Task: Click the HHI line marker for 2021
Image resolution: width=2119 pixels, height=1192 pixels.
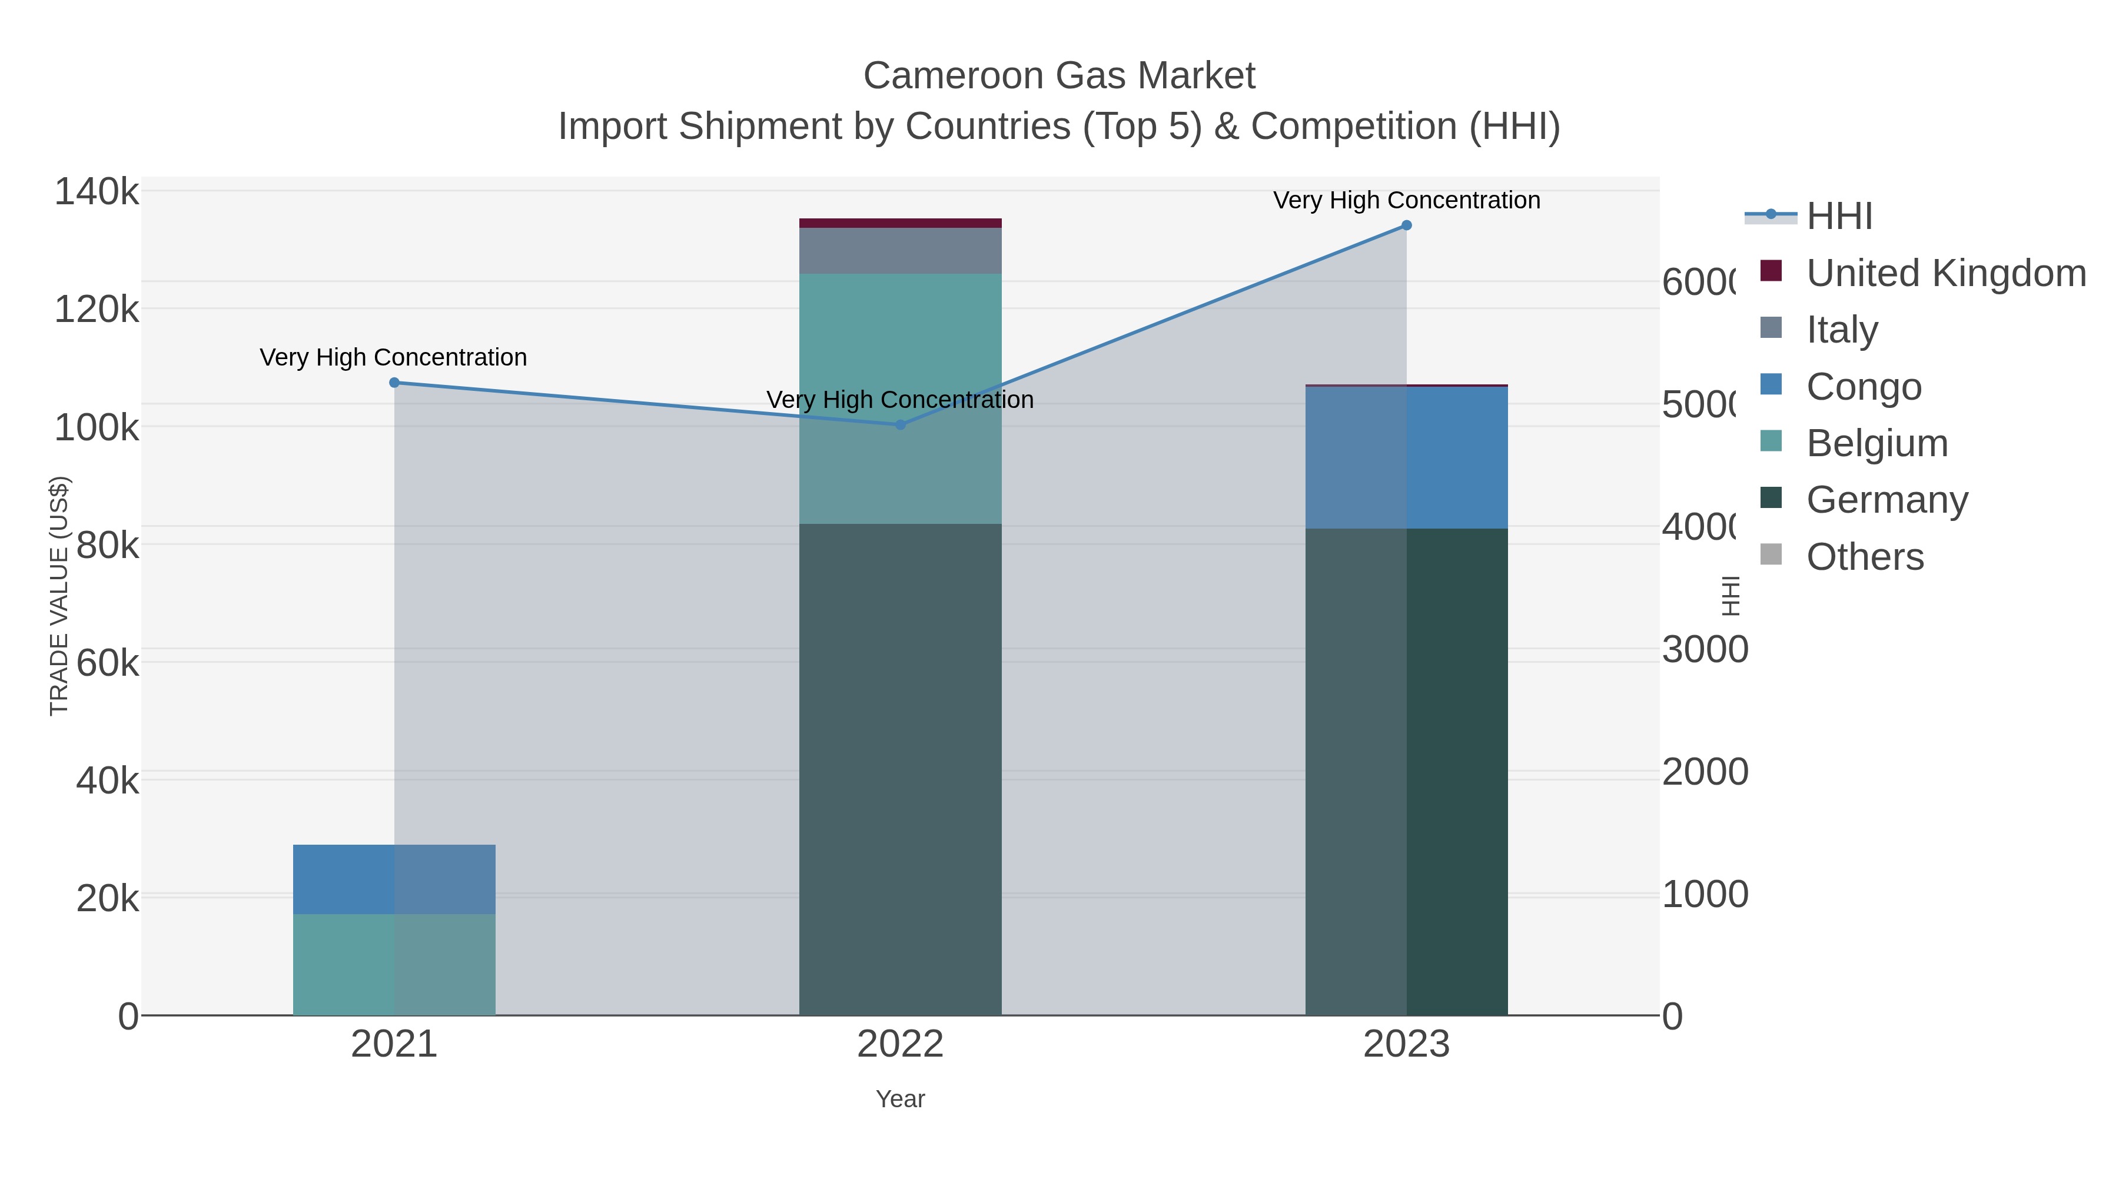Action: pos(394,383)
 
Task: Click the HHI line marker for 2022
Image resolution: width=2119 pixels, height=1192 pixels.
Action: pos(900,424)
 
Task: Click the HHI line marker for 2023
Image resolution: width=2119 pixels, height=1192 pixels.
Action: pos(1407,225)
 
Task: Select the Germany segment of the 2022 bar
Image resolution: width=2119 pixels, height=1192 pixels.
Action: pos(900,769)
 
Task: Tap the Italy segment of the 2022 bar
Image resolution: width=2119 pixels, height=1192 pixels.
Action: pos(900,250)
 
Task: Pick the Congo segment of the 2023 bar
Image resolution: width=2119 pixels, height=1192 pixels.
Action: pos(1407,457)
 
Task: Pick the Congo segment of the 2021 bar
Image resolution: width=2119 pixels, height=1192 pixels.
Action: pos(394,879)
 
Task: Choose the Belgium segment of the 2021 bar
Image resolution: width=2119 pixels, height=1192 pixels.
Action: pos(394,964)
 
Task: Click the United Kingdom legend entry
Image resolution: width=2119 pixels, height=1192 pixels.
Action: pos(1945,273)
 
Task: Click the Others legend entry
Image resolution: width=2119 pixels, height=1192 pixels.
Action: pos(1865,557)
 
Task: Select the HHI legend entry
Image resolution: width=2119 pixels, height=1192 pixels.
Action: pos(1839,217)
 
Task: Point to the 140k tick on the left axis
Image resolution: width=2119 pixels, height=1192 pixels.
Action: pos(97,192)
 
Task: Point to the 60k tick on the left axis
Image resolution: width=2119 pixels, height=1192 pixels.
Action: pos(107,662)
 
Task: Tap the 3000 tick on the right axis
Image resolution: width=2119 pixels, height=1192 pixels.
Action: pos(1705,650)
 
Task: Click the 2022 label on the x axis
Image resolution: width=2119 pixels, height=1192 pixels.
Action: pos(900,1045)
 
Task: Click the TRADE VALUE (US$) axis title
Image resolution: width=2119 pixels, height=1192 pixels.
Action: pos(59,596)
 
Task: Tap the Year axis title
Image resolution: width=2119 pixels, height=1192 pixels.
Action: pos(900,1099)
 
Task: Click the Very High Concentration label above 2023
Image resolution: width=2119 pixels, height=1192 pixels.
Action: pos(1407,200)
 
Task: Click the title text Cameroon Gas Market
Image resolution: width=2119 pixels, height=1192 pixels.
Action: pos(1059,76)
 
